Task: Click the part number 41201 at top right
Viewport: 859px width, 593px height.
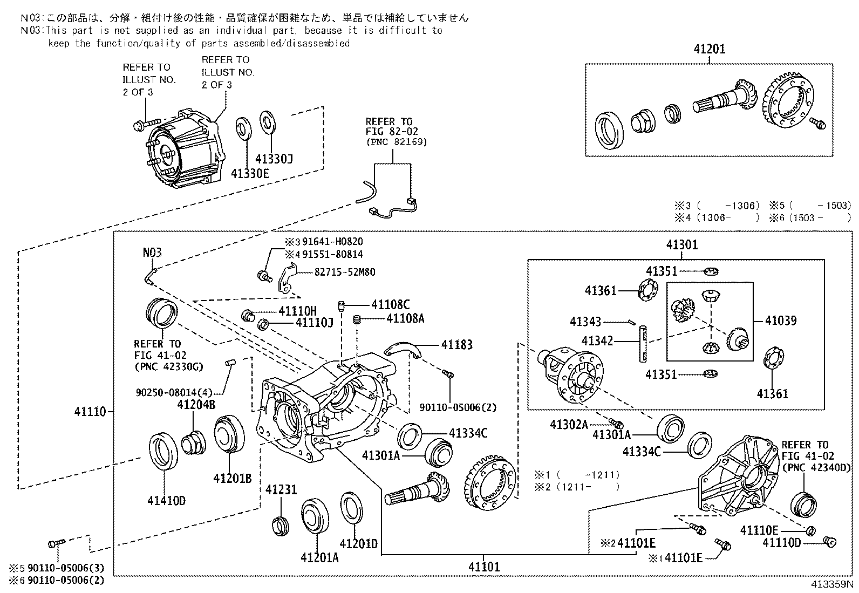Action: point(709,49)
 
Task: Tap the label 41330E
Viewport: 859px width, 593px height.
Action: point(249,173)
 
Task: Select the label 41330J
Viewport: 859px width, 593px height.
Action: point(274,159)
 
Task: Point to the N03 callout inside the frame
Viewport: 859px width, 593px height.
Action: point(152,253)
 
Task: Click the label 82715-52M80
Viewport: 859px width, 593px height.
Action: point(345,272)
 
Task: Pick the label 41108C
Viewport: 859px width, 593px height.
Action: point(390,305)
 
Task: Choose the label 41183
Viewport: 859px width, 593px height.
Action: point(456,344)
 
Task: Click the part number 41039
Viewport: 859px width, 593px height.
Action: point(780,321)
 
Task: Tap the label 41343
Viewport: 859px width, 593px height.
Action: point(585,322)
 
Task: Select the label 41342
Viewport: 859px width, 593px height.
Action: point(597,341)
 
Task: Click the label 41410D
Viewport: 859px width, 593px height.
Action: point(166,500)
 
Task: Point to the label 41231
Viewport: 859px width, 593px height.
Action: point(281,489)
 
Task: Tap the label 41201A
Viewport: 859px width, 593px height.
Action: point(319,557)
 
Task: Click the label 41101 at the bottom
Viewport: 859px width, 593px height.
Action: point(484,567)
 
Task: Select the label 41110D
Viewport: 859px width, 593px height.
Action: point(781,543)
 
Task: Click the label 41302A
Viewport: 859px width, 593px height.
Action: point(569,425)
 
